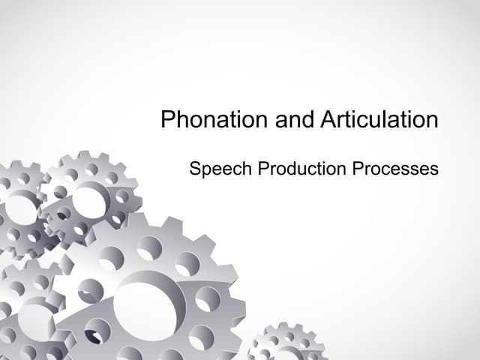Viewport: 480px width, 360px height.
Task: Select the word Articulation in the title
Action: coord(379,120)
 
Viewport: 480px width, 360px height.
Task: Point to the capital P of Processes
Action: coord(358,169)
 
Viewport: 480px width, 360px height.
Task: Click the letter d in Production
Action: coord(293,169)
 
